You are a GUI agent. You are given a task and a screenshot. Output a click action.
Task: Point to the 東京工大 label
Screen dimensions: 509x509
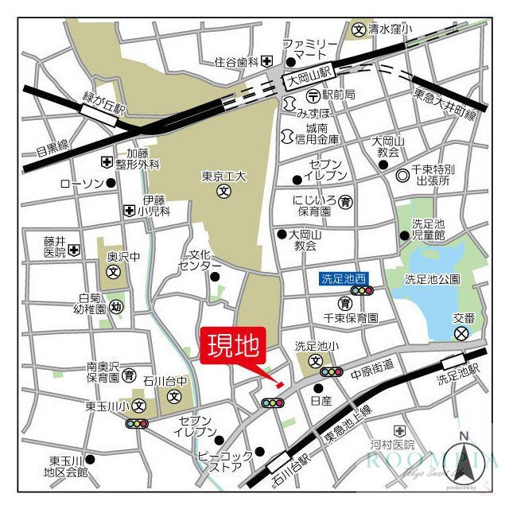[x=223, y=177]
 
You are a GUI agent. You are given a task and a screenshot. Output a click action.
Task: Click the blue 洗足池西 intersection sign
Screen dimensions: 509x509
[x=344, y=278]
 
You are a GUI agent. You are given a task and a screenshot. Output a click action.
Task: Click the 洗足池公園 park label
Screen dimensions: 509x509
[x=432, y=279]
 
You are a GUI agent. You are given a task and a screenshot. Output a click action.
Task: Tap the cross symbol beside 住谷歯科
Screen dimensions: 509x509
[x=267, y=61]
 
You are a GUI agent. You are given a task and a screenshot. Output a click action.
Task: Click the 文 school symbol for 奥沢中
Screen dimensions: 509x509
[x=114, y=272]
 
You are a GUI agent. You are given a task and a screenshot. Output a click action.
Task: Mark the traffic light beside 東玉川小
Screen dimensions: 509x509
[x=136, y=423]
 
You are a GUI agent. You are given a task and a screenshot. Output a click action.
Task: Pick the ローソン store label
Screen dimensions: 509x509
[x=82, y=184]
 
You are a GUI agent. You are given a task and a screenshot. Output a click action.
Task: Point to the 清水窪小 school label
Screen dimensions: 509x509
[x=390, y=29]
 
